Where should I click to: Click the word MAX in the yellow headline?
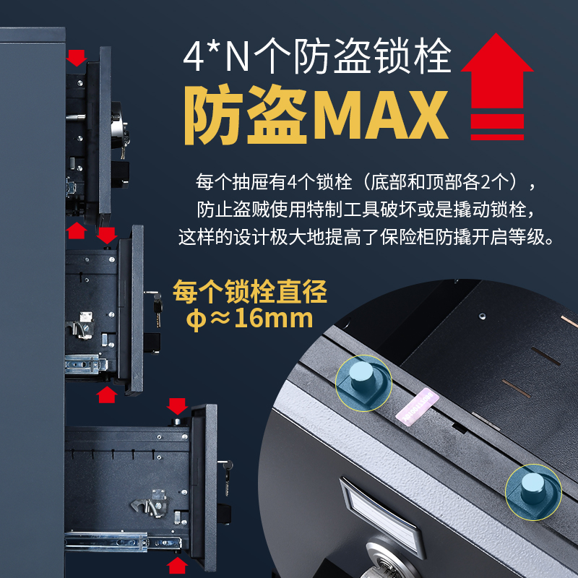[380, 115]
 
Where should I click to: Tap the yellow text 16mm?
[274, 318]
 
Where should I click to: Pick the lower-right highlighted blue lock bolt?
[532, 488]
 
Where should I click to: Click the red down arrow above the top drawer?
[77, 58]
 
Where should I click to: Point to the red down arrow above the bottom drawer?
[177, 406]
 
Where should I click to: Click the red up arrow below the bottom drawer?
[177, 565]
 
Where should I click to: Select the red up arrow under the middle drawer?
[106, 394]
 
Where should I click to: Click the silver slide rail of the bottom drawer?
[123, 541]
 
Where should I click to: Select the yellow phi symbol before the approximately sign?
[197, 319]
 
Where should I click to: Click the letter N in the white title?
[237, 57]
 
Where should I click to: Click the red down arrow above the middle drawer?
[106, 236]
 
